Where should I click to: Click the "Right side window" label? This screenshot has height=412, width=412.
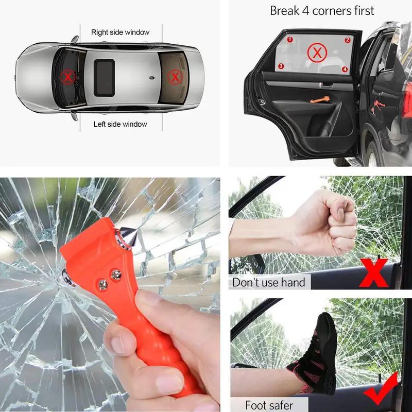click(x=120, y=32)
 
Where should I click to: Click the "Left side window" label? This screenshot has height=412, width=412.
click(x=120, y=124)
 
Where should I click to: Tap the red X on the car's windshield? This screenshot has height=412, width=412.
click(x=67, y=78)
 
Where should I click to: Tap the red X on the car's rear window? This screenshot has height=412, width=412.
click(x=176, y=78)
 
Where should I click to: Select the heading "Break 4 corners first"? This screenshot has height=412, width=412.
click(x=322, y=10)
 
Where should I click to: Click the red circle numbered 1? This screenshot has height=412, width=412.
click(x=290, y=39)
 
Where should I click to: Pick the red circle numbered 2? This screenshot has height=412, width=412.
click(x=348, y=40)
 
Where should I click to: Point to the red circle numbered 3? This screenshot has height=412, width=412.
click(x=281, y=66)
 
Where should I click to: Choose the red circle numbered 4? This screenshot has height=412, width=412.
click(x=345, y=69)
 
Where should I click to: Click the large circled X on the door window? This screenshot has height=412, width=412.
click(x=317, y=53)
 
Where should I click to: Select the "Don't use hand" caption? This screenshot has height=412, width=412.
click(x=269, y=282)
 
